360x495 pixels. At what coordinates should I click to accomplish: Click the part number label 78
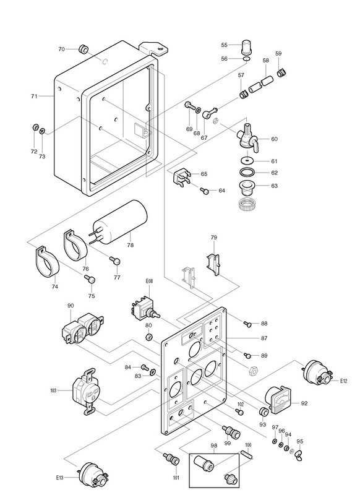(x=130, y=245)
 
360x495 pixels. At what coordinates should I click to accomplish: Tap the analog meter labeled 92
(x=278, y=399)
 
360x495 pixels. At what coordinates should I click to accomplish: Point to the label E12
(x=343, y=381)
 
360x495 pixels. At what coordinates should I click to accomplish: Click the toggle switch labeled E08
(x=144, y=309)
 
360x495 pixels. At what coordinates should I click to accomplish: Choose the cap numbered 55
(x=246, y=47)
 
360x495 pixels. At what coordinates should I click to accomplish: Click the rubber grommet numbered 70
(x=84, y=49)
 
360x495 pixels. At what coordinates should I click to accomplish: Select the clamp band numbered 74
(x=46, y=262)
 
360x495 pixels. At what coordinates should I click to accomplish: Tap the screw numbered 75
(x=90, y=279)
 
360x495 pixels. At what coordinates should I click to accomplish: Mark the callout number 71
(x=34, y=96)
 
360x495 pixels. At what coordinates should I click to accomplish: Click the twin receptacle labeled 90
(x=83, y=328)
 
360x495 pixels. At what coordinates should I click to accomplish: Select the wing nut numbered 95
(x=299, y=455)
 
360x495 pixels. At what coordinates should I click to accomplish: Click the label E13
(x=59, y=477)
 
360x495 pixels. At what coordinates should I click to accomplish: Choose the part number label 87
(x=264, y=338)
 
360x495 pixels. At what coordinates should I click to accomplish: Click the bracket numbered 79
(x=213, y=264)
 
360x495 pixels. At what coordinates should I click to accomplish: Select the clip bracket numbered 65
(x=181, y=178)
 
